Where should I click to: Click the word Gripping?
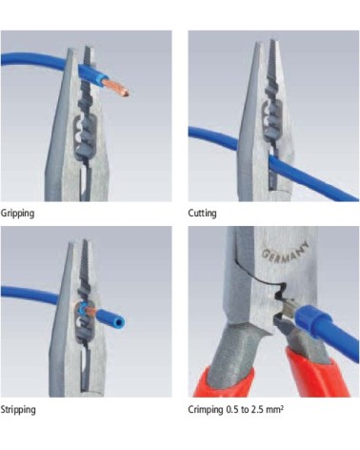[17, 213]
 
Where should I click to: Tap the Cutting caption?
[202, 213]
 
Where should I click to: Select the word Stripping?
[18, 409]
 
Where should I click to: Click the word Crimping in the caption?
[206, 409]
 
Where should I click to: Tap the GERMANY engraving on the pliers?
[285, 252]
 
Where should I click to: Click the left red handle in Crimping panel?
[225, 381]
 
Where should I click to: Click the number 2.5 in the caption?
[256, 409]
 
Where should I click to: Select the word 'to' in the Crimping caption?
[245, 410]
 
